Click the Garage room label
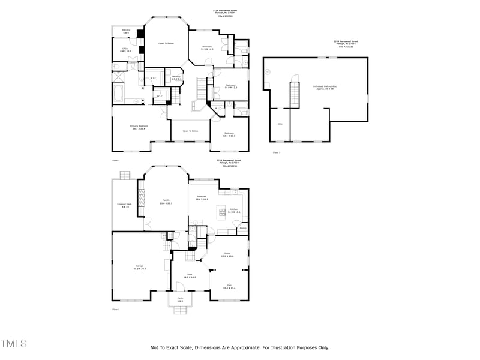139,267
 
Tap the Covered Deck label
125,206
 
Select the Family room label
166,202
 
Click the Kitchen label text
233,211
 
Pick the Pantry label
243,228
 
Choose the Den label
229,286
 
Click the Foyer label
190,276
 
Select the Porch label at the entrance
180,299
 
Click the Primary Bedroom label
139,127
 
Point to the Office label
126,50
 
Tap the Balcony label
126,31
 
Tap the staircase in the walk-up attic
294,94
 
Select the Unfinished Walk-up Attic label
325,88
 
